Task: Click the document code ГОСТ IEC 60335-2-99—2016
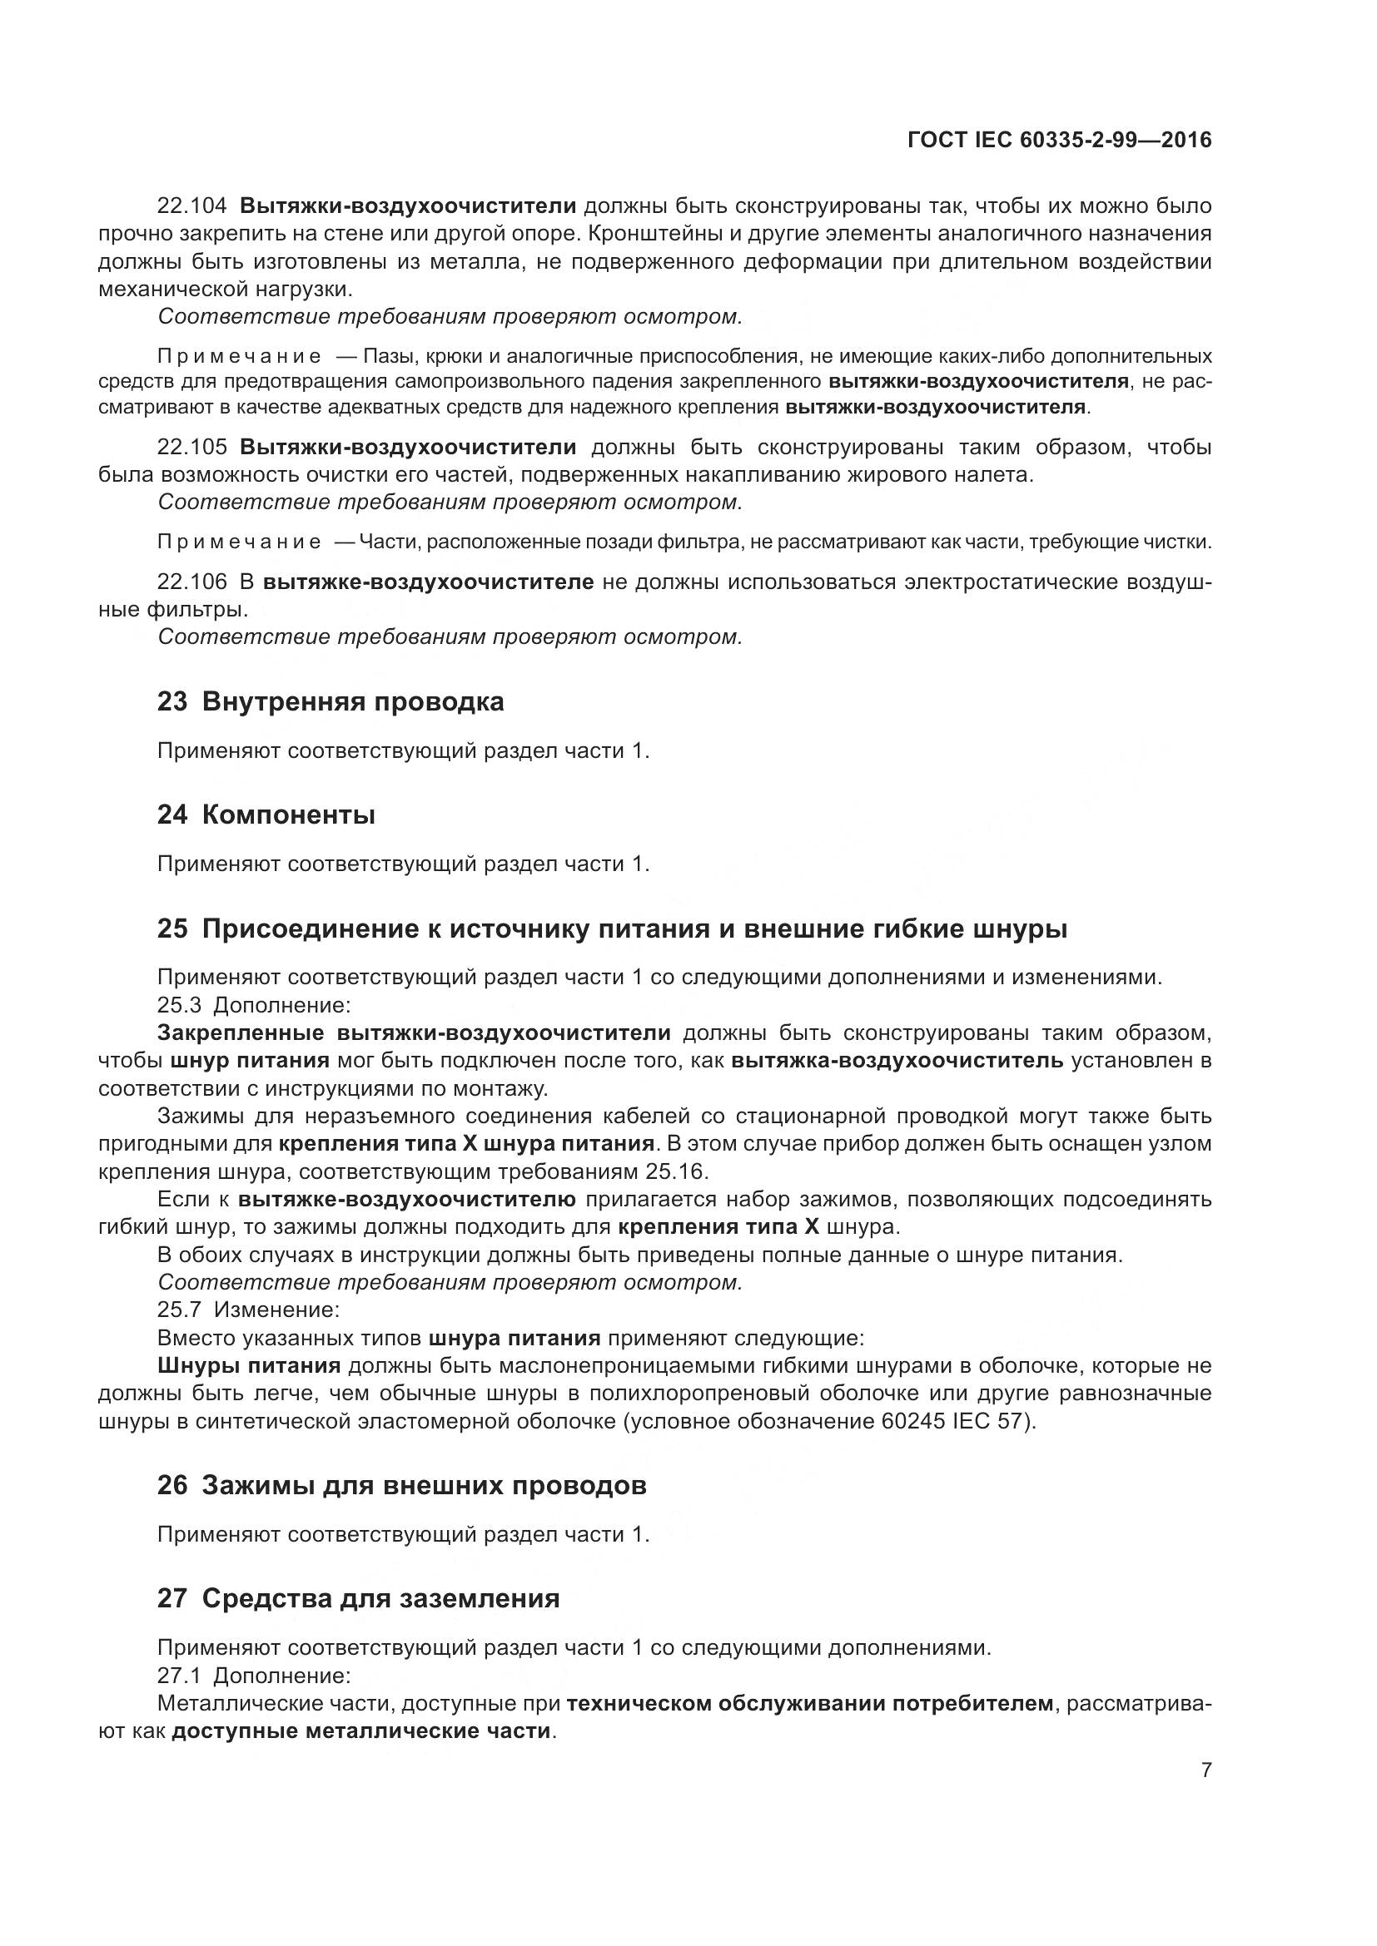(x=1059, y=140)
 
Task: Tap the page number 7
(x=1205, y=1770)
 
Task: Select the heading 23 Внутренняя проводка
(x=330, y=702)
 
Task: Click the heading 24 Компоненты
(x=266, y=815)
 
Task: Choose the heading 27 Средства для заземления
(x=358, y=1598)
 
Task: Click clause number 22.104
(x=192, y=206)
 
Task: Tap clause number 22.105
(x=192, y=447)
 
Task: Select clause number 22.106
(x=192, y=582)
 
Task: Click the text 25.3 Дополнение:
(x=254, y=1005)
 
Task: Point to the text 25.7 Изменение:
(x=248, y=1310)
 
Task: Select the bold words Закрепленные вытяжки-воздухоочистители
(x=414, y=1032)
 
